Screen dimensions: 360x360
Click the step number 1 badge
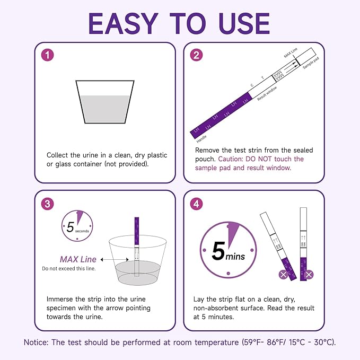[48, 56]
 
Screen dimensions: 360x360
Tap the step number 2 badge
[197, 56]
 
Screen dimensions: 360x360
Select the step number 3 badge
[48, 204]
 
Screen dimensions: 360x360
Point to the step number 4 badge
[197, 204]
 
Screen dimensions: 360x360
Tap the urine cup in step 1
[104, 101]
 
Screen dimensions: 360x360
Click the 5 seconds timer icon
[77, 225]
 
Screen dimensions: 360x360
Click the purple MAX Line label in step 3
[77, 259]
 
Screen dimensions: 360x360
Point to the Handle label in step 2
[201, 140]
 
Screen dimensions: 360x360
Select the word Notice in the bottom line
[38, 342]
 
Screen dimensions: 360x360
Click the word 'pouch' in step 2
[205, 159]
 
